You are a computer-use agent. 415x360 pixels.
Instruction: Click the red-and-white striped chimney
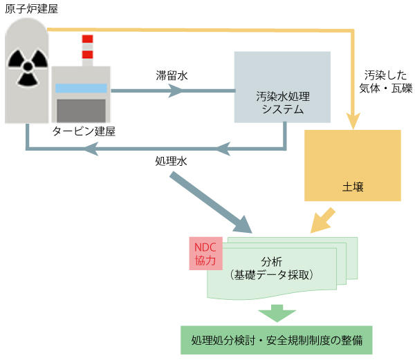click(87, 48)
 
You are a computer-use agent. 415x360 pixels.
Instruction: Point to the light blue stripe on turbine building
click(81, 88)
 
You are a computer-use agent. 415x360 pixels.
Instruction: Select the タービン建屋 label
click(84, 131)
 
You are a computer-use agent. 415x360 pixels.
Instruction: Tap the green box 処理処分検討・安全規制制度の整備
click(277, 340)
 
